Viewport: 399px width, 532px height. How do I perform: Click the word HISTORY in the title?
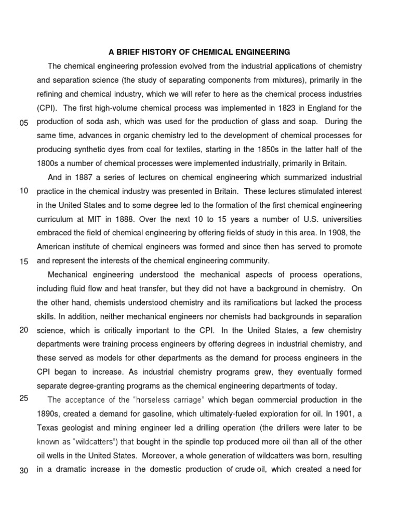pyautogui.click(x=155, y=52)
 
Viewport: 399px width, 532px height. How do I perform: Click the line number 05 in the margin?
pyautogui.click(x=24, y=122)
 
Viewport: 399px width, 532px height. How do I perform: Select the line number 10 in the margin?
pyautogui.click(x=24, y=191)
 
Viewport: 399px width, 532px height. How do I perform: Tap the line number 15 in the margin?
pyautogui.click(x=24, y=261)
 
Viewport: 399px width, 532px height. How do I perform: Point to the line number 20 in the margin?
pyautogui.click(x=24, y=330)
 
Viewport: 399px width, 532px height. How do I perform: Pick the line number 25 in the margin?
pyautogui.click(x=24, y=399)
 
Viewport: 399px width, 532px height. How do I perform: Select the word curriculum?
pyautogui.click(x=56, y=219)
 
